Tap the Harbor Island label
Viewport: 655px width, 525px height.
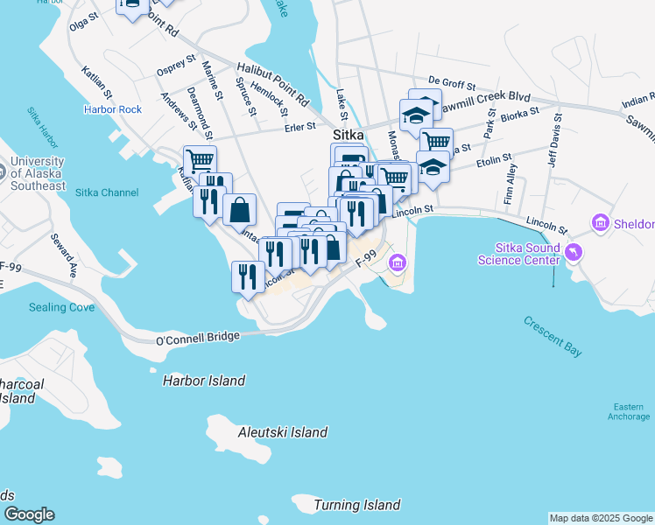pos(204,381)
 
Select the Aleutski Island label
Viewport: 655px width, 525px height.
pos(283,432)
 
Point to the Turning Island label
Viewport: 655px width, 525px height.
pos(356,505)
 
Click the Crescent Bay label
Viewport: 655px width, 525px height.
pos(553,335)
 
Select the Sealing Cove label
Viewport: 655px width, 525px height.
pos(61,307)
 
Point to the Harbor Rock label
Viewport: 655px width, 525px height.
pos(112,109)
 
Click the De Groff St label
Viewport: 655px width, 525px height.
pos(452,87)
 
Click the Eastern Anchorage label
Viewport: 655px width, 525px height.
pos(629,411)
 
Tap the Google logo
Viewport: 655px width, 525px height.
pos(29,514)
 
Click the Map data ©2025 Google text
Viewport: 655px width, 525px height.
pos(601,518)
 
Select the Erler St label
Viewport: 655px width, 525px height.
pos(299,127)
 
